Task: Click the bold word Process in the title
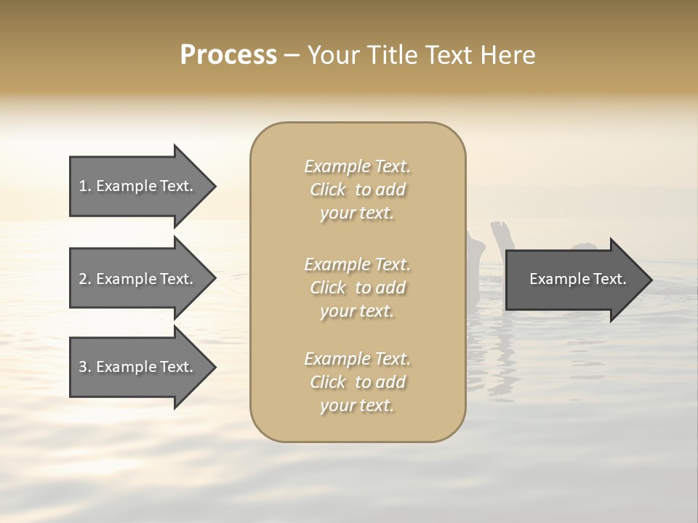[x=228, y=55]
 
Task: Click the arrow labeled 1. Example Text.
[x=138, y=186]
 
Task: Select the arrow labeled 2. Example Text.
[x=138, y=279]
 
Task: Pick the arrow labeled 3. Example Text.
[x=138, y=367]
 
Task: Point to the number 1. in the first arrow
[x=85, y=186]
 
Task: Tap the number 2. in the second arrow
[x=85, y=279]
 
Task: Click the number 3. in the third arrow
[x=85, y=367]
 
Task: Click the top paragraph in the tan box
[x=358, y=190]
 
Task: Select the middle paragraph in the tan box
[x=358, y=287]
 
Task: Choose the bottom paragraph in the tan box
[x=358, y=382]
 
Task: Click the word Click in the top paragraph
[x=328, y=190]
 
